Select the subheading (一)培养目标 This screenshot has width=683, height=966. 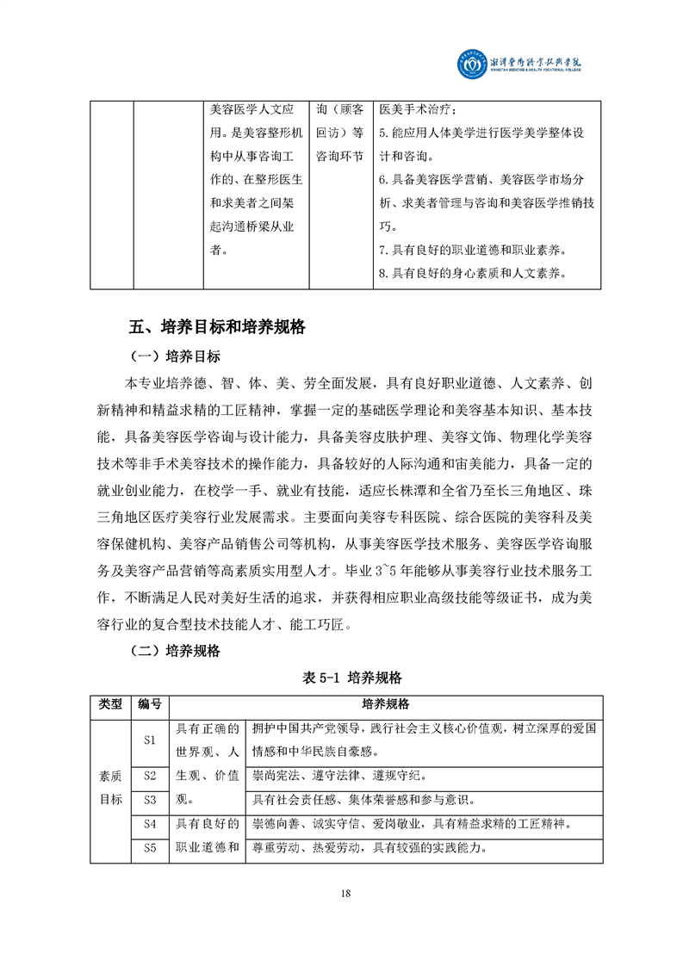(175, 356)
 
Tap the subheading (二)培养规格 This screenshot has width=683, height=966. (175, 651)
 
